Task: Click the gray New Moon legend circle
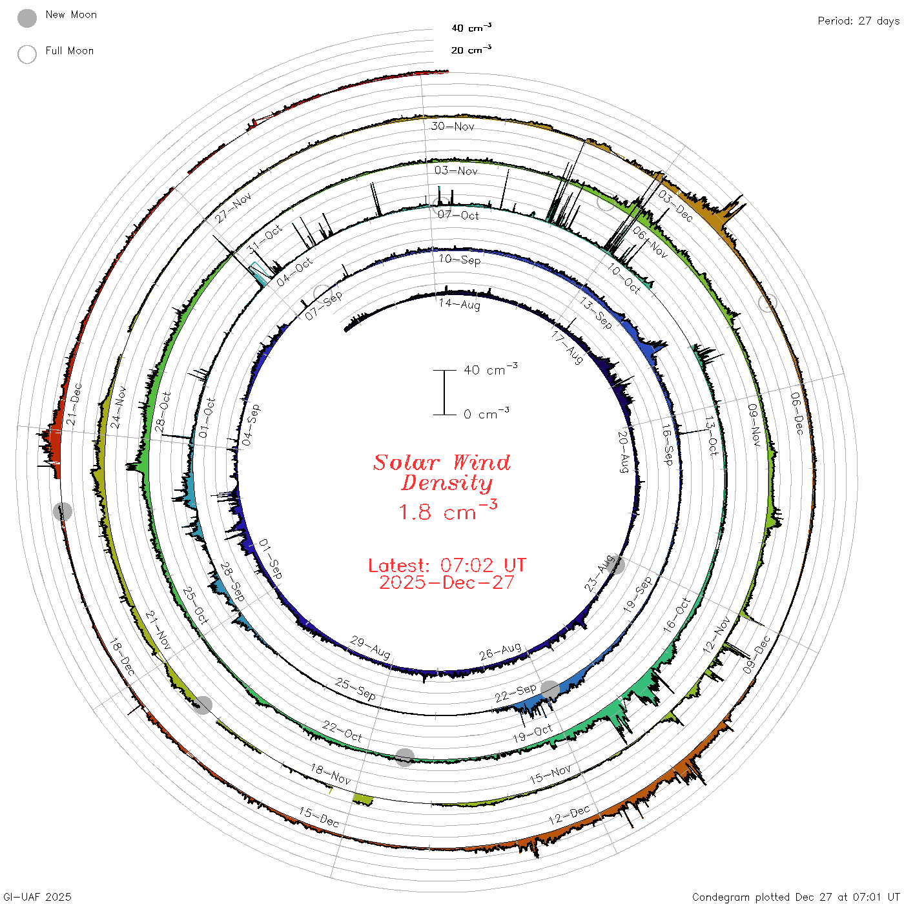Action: point(26,18)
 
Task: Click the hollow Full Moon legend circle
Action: point(26,54)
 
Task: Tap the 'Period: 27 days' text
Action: point(859,21)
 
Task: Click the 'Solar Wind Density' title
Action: point(442,473)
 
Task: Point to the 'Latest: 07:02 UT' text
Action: point(447,565)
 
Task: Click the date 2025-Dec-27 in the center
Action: point(447,583)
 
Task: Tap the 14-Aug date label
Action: point(459,305)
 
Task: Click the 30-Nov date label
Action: point(453,126)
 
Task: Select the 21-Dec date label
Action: point(74,404)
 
